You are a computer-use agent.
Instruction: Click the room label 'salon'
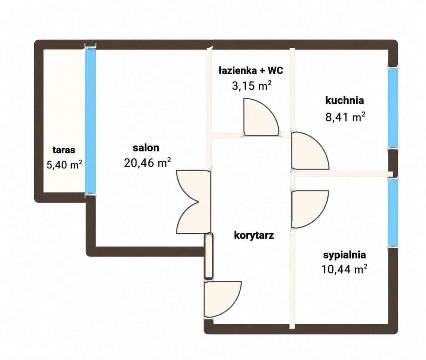coord(146,148)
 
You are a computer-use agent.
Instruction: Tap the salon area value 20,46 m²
coord(147,163)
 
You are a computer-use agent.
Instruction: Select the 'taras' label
coord(64,150)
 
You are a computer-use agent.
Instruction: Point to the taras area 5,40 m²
coord(64,164)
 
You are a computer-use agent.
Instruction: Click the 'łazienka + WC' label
coord(251,70)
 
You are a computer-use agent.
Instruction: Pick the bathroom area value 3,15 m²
coord(251,85)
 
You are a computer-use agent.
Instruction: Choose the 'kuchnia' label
coord(345,100)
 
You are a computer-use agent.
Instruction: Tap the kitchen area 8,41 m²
coord(345,117)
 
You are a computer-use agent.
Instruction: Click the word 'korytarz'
coord(254,235)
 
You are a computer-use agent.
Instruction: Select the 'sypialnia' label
coord(345,255)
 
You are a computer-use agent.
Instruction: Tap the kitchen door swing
coord(310,151)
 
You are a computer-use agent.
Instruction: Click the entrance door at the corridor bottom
coord(222,299)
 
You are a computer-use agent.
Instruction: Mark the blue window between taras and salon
coord(90,121)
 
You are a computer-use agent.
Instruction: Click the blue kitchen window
coord(393,107)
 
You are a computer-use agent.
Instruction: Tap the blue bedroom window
coord(393,213)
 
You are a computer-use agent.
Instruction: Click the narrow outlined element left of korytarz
coord(208,256)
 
